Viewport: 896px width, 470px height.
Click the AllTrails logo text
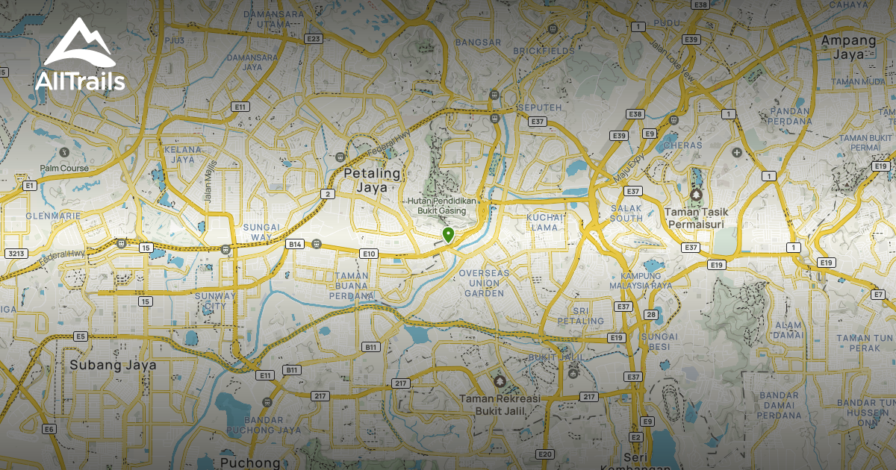(80, 81)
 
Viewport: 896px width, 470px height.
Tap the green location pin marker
(448, 236)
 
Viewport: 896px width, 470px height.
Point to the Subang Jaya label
(113, 366)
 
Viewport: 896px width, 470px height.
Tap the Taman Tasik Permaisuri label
(697, 217)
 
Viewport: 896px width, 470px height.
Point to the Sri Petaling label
(585, 316)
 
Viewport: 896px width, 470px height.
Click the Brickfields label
(549, 51)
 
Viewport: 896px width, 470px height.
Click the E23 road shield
(314, 39)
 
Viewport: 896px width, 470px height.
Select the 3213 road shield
(16, 254)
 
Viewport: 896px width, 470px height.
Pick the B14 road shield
(296, 244)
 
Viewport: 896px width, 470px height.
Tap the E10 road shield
(369, 254)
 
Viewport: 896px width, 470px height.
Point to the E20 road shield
(545, 454)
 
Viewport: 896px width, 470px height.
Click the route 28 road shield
(651, 314)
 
